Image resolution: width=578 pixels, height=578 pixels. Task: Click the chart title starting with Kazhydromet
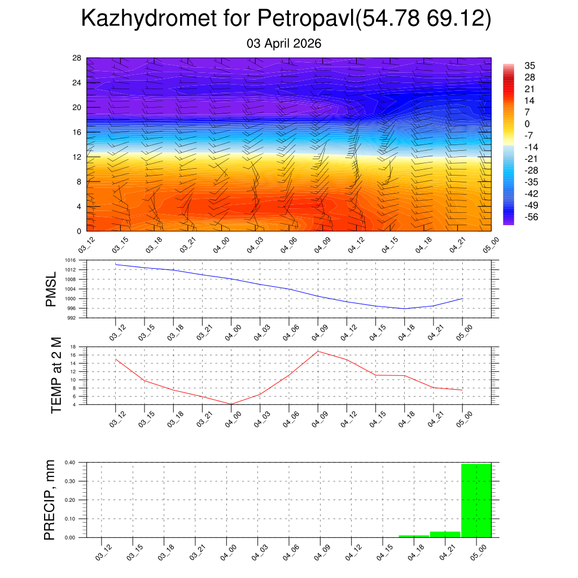coord(286,19)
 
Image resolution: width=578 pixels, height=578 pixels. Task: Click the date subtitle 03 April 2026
coord(284,43)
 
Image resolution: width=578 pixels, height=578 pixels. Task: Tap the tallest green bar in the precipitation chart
coord(476,500)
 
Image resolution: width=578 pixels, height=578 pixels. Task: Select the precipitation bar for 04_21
coord(445,534)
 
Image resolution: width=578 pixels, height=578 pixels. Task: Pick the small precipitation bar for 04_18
coord(414,536)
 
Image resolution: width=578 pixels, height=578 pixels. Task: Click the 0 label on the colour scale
coord(527,124)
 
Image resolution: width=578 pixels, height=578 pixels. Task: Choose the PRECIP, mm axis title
coord(50,500)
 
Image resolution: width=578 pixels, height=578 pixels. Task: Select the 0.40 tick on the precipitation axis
coord(70,462)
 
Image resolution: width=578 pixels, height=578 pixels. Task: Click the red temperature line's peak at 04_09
coord(318,351)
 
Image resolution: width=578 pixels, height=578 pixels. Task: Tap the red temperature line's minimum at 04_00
coord(231,404)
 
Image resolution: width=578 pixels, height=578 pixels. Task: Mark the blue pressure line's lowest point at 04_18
coord(404,309)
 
